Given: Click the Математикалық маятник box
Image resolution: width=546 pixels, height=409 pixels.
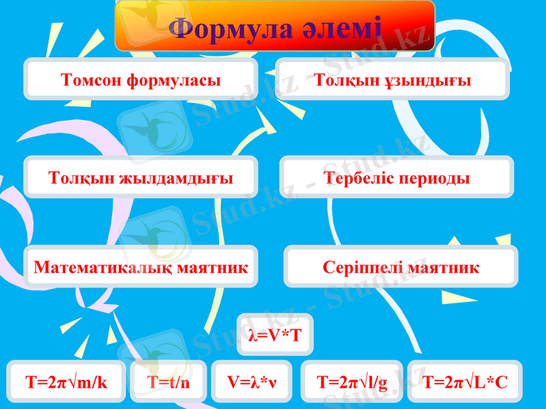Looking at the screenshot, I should point(141,267).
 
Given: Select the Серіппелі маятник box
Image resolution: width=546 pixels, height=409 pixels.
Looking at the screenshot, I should point(401,267).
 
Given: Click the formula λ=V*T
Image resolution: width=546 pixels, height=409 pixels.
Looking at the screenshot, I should point(275,335).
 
